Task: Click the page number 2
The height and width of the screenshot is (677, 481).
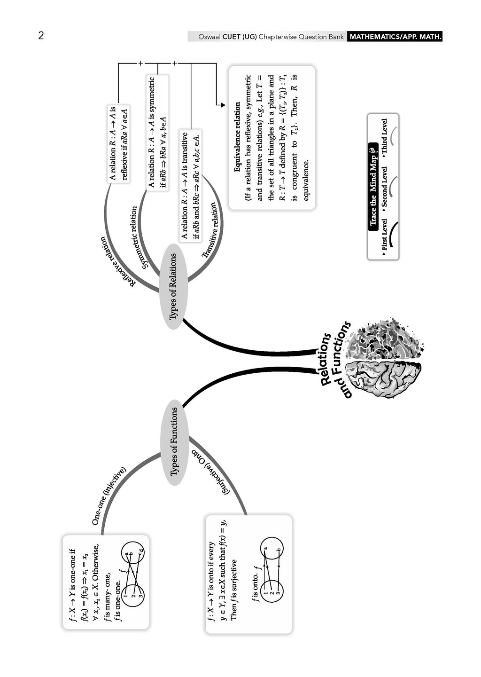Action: pyautogui.click(x=41, y=36)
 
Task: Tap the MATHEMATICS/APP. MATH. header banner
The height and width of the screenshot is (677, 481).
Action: pyautogui.click(x=395, y=37)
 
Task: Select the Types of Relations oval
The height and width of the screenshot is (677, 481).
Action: pyautogui.click(x=173, y=286)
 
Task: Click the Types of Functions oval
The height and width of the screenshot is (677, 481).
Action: pyautogui.click(x=174, y=441)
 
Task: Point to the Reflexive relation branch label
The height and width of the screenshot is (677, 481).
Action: pyautogui.click(x=117, y=261)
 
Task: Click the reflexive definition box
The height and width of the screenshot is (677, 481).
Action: pyautogui.click(x=118, y=143)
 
